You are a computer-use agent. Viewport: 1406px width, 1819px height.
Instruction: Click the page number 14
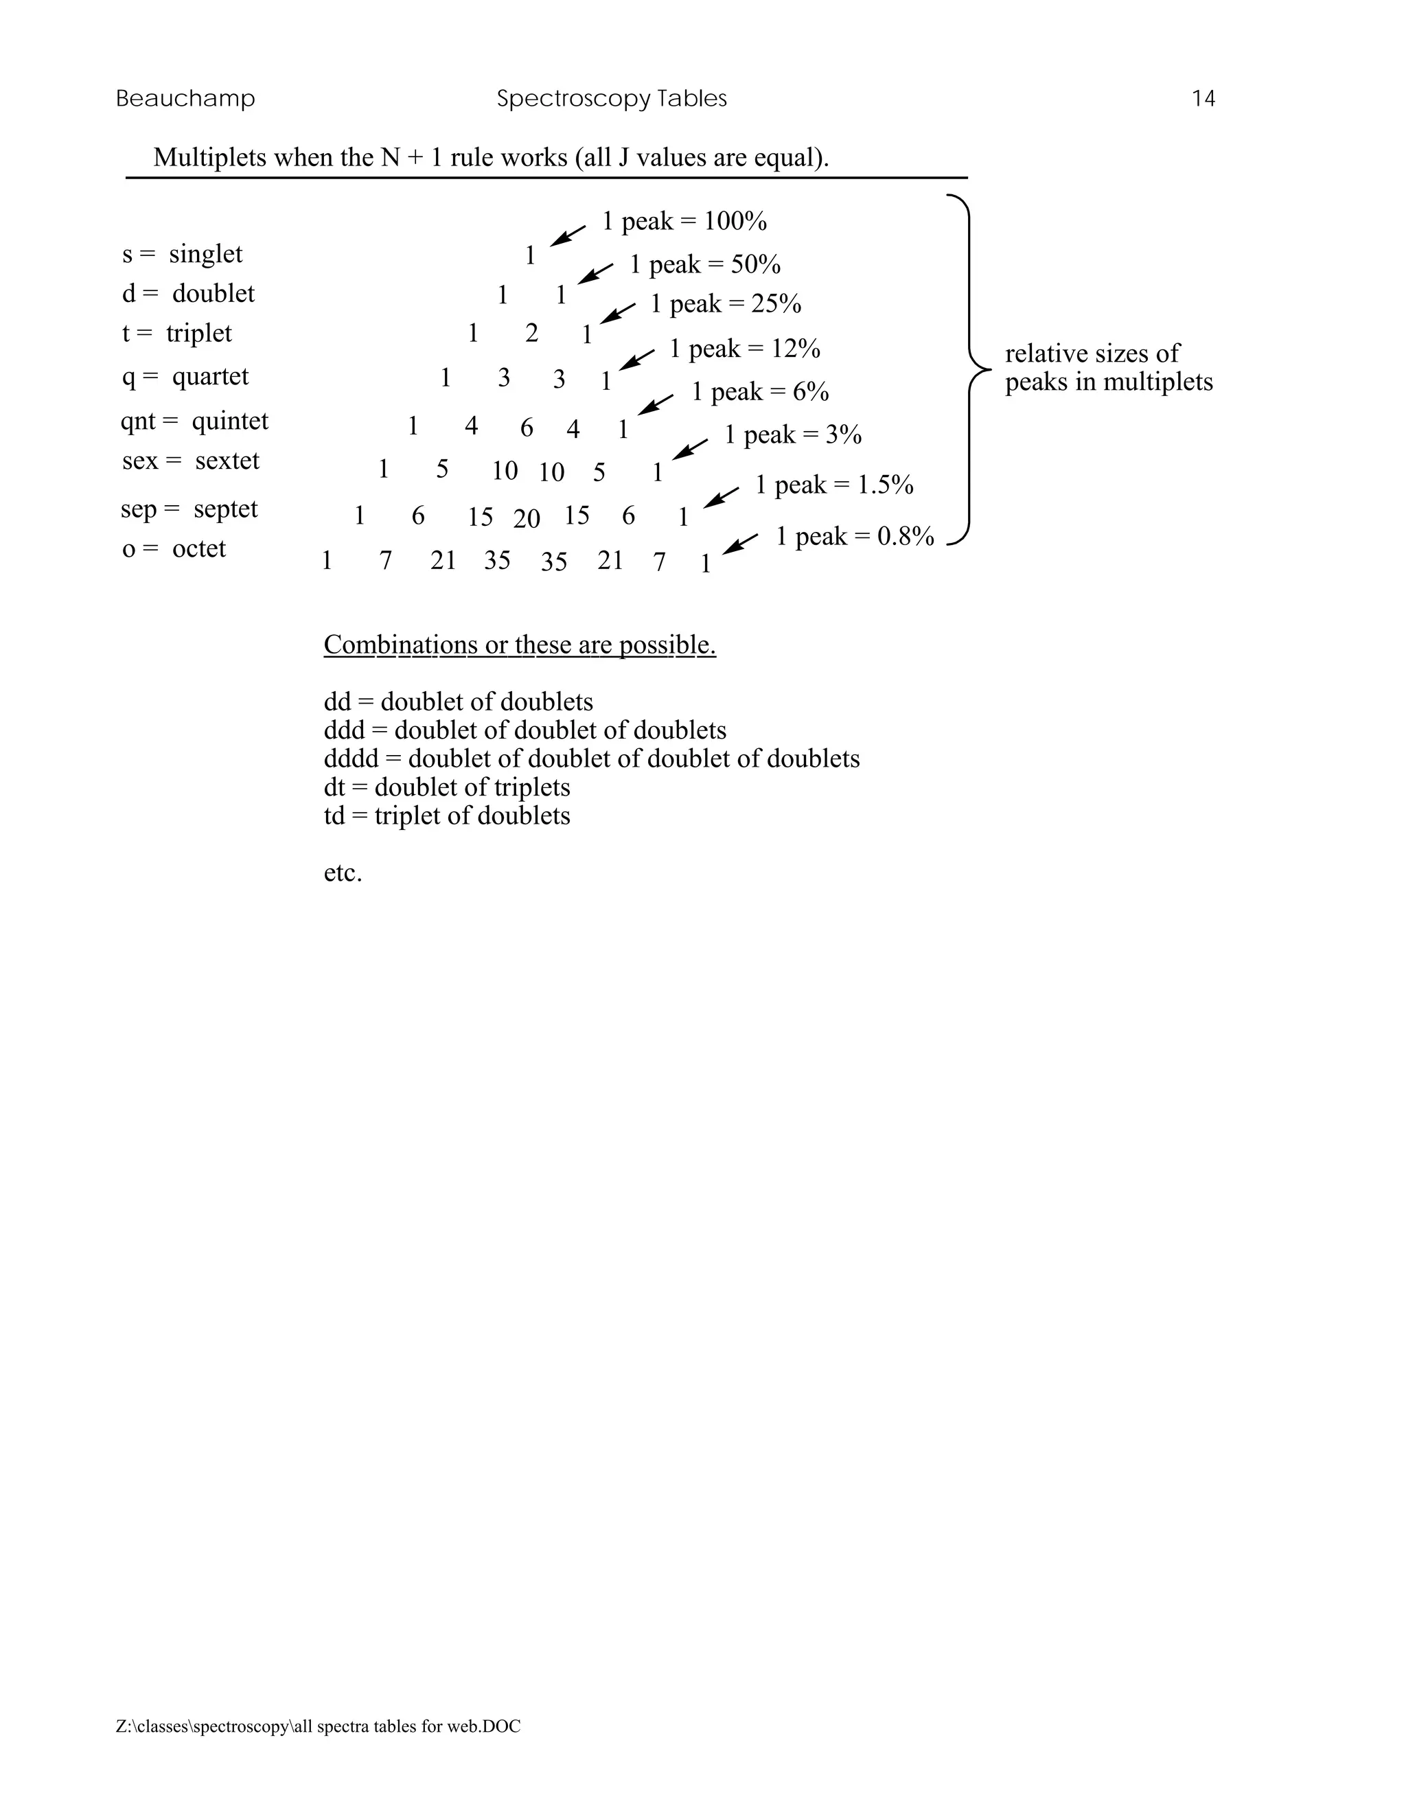1203,99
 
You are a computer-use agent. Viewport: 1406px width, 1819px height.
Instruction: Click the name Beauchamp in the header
185,99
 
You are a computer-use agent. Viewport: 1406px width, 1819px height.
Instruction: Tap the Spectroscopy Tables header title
612,99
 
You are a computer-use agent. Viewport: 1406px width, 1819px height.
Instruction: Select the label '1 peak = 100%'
684,222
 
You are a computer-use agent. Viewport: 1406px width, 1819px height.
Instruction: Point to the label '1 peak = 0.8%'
855,536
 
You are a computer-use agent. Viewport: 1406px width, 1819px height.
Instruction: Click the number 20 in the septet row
527,519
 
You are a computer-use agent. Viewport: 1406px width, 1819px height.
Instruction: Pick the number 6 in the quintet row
527,428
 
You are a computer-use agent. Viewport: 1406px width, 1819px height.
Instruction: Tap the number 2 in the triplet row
531,333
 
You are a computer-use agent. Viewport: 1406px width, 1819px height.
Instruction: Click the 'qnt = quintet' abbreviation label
194,421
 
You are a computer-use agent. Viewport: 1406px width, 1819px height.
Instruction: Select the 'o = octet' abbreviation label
174,549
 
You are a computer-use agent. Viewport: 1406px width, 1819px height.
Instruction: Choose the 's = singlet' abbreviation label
183,254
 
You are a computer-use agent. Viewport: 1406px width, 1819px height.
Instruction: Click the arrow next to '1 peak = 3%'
690,449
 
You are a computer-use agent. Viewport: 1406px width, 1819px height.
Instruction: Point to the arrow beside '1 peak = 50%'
595,274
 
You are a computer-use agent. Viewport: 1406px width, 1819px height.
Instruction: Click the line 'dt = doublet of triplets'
446,787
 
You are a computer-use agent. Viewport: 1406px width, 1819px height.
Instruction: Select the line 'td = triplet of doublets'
446,815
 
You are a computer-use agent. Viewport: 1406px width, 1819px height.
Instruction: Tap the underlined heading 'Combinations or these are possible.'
519,645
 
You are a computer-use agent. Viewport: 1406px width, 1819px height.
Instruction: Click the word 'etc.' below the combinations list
343,873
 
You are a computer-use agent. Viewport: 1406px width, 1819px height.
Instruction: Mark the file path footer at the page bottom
318,1726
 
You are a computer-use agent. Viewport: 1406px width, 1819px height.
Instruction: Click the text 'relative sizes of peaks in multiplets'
1108,367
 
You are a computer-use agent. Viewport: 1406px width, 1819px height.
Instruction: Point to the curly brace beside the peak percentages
970,368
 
